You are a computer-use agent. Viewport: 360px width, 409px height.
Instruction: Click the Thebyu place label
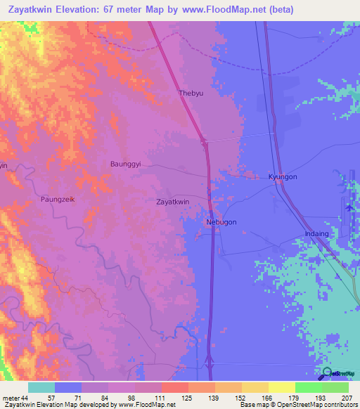190,93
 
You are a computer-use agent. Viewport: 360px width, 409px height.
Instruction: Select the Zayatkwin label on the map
172,202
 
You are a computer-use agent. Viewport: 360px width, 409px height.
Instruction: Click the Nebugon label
221,222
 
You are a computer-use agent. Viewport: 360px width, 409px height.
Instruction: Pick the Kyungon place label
283,178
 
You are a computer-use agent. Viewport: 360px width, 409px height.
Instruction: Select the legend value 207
345,398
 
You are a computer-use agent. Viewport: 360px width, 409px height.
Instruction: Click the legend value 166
267,398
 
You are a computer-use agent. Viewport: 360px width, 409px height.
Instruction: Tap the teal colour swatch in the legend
41,387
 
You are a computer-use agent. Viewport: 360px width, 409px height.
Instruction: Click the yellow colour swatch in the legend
281,387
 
